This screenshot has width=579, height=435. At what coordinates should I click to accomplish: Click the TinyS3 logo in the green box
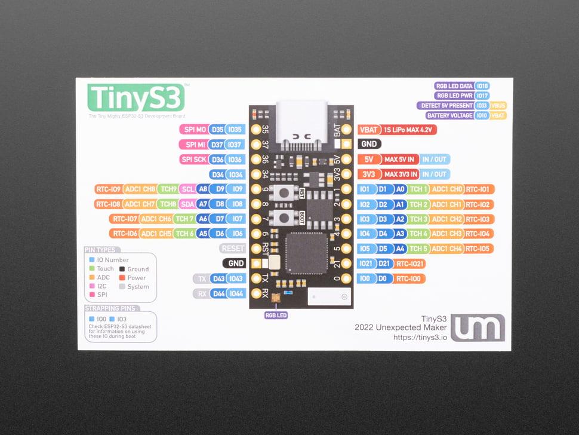point(136,96)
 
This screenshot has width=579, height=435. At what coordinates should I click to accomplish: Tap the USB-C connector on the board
point(301,122)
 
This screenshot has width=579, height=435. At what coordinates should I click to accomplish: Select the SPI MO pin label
point(195,130)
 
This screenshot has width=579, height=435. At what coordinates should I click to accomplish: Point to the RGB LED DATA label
point(453,86)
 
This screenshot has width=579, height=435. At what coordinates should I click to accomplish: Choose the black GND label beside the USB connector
point(369,144)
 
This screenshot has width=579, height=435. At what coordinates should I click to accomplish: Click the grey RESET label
point(232,249)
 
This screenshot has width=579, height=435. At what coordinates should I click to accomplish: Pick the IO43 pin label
point(236,278)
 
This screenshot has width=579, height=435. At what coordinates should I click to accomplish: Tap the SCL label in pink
point(187,189)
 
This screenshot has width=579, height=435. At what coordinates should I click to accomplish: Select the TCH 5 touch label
point(418,249)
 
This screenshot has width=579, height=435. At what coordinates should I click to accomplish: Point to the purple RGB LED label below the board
point(275,315)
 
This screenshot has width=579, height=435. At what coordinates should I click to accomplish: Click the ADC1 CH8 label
point(141,189)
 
